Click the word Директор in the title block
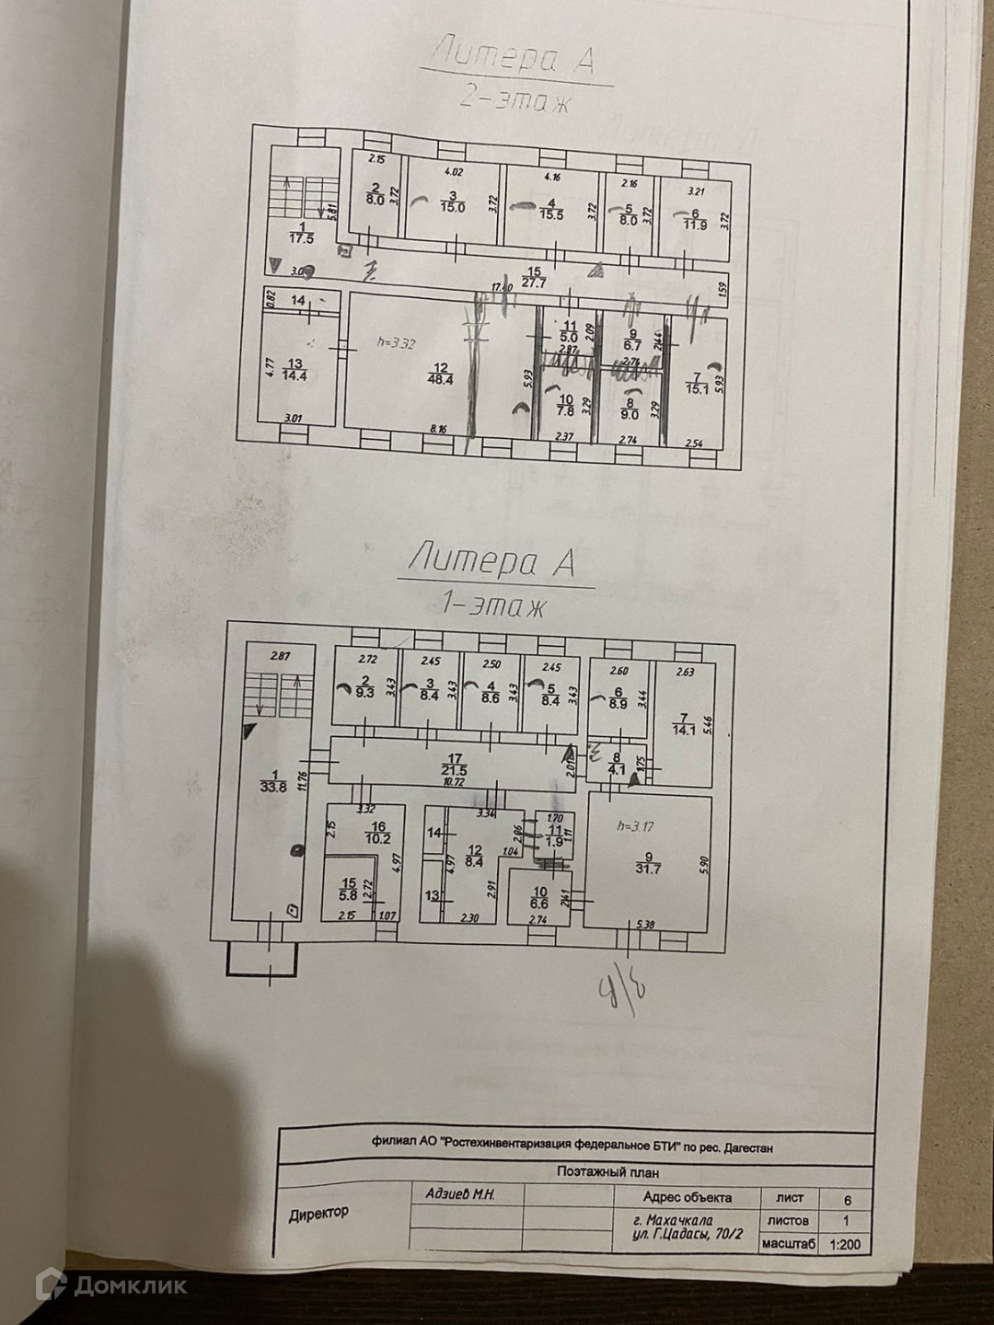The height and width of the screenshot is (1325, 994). click(318, 1213)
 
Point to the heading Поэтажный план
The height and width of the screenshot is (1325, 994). click(607, 1172)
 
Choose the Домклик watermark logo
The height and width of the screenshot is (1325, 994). click(111, 1284)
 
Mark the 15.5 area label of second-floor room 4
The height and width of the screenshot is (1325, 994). click(551, 208)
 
